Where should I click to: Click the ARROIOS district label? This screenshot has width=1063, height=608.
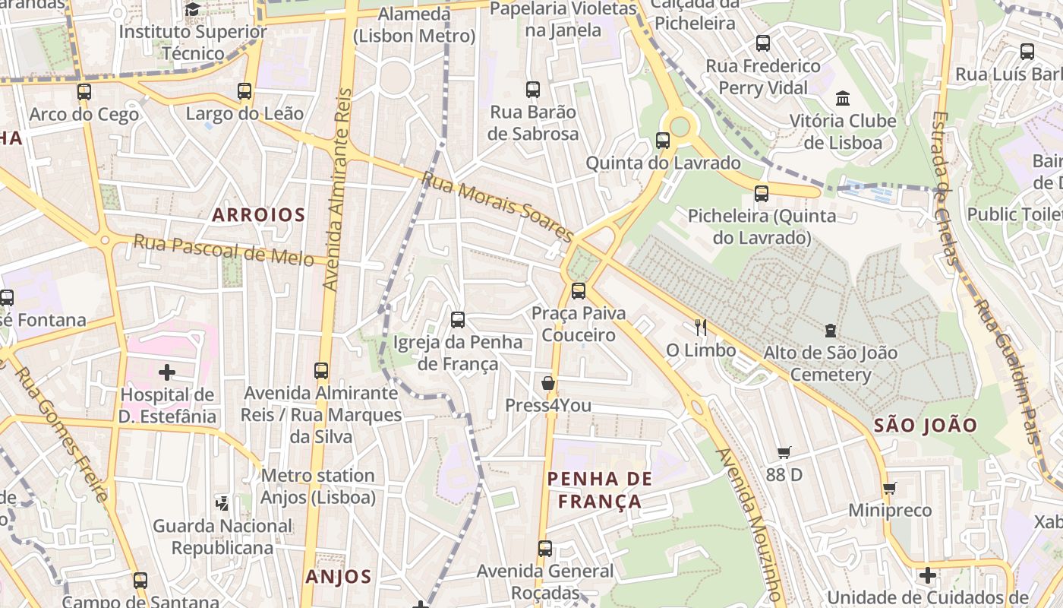(258, 215)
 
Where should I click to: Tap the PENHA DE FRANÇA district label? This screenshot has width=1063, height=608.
(600, 489)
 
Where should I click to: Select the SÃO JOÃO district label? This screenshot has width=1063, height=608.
(925, 426)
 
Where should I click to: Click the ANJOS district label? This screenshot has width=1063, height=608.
(339, 577)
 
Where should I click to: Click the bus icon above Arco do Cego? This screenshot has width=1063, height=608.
(84, 92)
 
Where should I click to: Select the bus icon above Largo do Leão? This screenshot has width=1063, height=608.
(244, 91)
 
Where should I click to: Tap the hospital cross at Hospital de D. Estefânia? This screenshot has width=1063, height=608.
(167, 372)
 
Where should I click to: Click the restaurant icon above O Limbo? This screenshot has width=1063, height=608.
(701, 328)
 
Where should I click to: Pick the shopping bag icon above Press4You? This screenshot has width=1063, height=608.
(548, 383)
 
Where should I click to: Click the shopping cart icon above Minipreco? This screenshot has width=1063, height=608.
(890, 488)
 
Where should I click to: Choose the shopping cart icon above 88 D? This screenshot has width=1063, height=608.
(784, 453)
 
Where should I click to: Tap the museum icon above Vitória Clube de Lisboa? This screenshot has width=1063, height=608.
(843, 98)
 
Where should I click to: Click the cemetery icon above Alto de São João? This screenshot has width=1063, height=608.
(831, 331)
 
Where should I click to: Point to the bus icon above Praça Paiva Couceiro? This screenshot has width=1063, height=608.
(579, 290)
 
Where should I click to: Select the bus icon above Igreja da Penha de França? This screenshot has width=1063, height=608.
(458, 320)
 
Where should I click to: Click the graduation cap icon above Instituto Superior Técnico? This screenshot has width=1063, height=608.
(193, 10)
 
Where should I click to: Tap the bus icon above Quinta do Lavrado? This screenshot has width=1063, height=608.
(663, 141)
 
